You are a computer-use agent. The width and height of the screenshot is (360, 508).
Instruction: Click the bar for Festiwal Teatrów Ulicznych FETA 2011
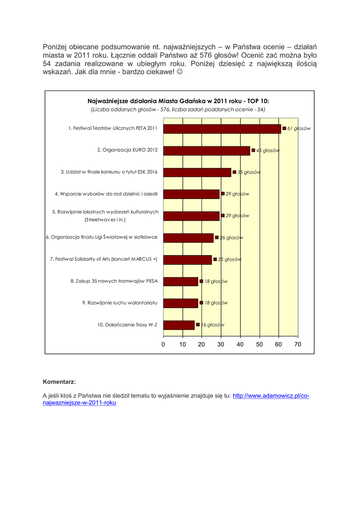222,128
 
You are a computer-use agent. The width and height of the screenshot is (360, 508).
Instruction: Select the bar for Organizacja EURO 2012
207,150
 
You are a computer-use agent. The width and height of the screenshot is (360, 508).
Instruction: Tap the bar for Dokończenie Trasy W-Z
179,325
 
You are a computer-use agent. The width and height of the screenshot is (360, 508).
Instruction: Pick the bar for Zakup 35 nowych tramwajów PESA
180,281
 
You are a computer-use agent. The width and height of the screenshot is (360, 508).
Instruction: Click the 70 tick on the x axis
297,344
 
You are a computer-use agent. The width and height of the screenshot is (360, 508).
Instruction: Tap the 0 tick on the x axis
163,344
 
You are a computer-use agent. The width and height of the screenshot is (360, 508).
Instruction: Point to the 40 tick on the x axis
240,344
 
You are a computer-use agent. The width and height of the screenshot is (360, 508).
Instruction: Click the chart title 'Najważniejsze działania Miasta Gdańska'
178,100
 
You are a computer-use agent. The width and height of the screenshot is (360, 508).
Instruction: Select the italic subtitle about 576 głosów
178,109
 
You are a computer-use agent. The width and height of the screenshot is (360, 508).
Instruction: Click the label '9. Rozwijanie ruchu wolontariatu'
120,303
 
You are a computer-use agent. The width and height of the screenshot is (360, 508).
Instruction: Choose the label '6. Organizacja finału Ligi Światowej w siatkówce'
102,237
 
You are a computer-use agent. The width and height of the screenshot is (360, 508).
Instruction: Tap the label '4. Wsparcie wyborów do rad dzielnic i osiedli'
106,194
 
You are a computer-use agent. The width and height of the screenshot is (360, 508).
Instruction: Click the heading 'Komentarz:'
60,382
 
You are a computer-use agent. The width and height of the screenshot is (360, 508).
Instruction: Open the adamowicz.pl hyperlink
271,396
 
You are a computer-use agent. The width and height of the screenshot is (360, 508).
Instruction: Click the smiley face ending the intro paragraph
179,72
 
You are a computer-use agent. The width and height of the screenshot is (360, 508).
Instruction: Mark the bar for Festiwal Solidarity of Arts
187,259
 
